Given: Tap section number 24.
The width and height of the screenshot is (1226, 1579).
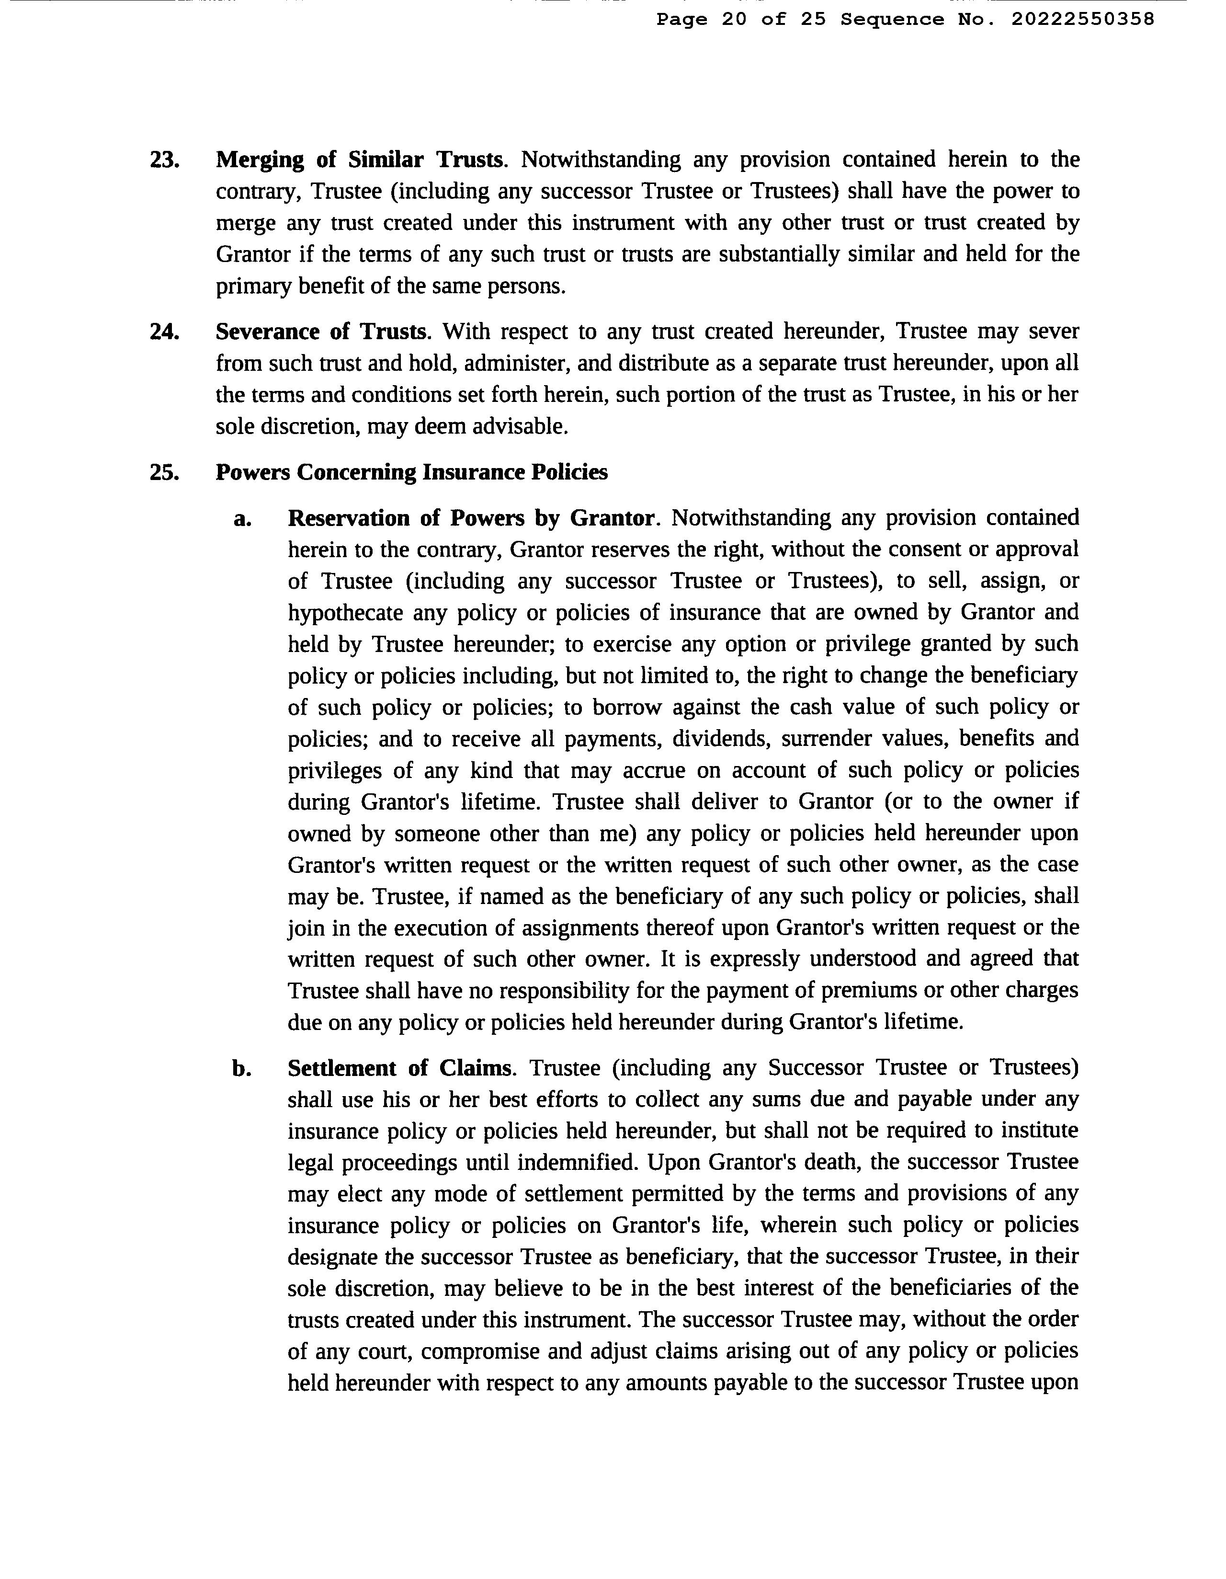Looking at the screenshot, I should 164,332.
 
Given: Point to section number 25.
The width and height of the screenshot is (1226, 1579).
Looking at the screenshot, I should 164,473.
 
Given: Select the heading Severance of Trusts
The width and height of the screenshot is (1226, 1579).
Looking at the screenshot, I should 322,332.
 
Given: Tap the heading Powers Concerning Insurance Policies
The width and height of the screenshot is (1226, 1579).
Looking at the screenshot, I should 411,473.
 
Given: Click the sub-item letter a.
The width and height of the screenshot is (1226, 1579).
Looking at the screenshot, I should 243,519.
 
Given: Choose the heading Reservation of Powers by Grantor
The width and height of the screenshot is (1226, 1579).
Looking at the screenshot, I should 471,519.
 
